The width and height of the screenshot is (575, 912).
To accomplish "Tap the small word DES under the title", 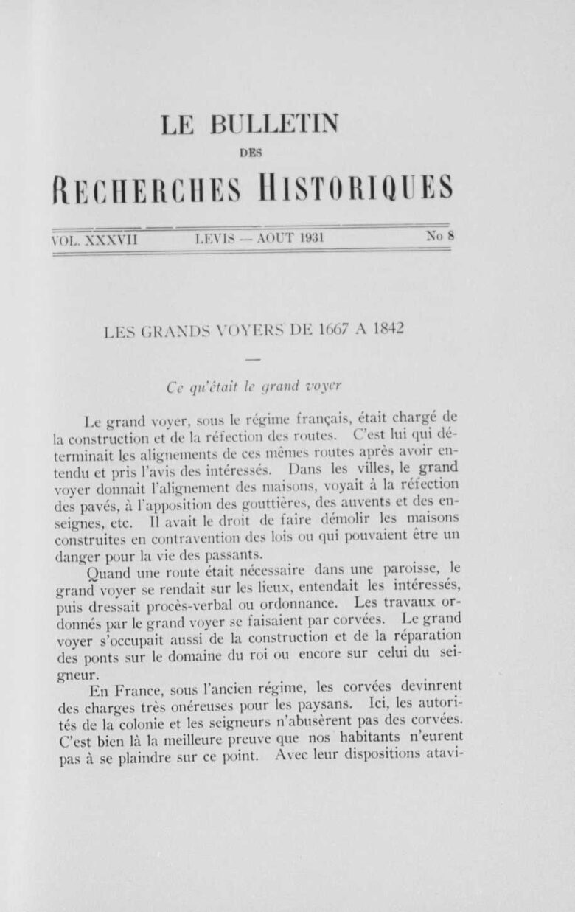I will (x=251, y=153).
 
